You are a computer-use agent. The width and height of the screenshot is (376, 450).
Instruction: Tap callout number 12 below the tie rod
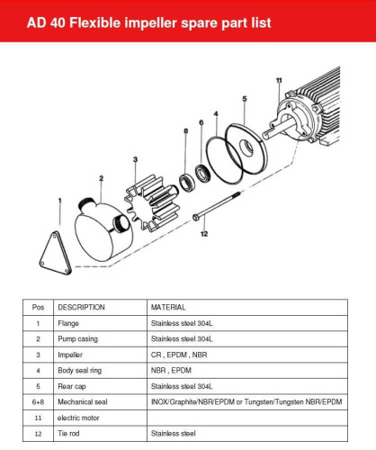pos(203,234)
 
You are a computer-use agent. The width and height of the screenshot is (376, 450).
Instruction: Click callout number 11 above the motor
pos(280,82)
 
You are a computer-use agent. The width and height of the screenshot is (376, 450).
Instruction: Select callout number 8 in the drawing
pos(186,131)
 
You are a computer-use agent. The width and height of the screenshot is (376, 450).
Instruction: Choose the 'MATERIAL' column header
pos(168,306)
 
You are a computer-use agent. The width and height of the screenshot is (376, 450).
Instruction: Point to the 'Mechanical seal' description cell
pos(84,401)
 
